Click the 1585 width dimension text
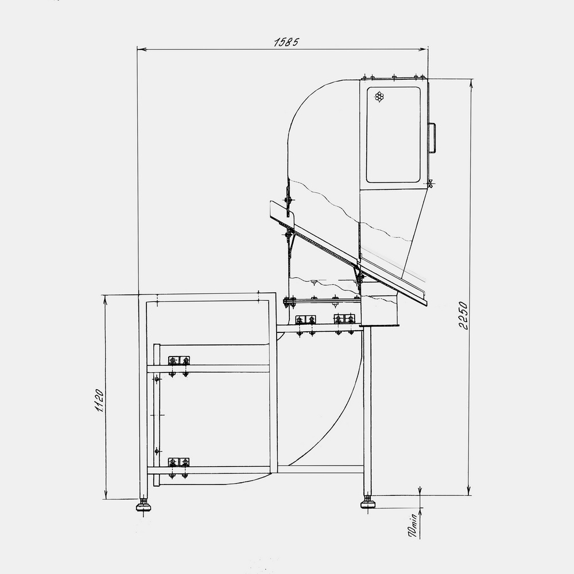(286, 42)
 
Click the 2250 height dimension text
(463, 316)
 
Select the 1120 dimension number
(99, 401)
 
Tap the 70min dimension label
(413, 525)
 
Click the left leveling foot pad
(144, 507)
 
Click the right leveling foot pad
(368, 505)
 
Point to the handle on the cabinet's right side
(432, 138)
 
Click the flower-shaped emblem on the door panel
(379, 97)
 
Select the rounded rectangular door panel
(393, 134)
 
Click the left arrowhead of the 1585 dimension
(141, 49)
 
